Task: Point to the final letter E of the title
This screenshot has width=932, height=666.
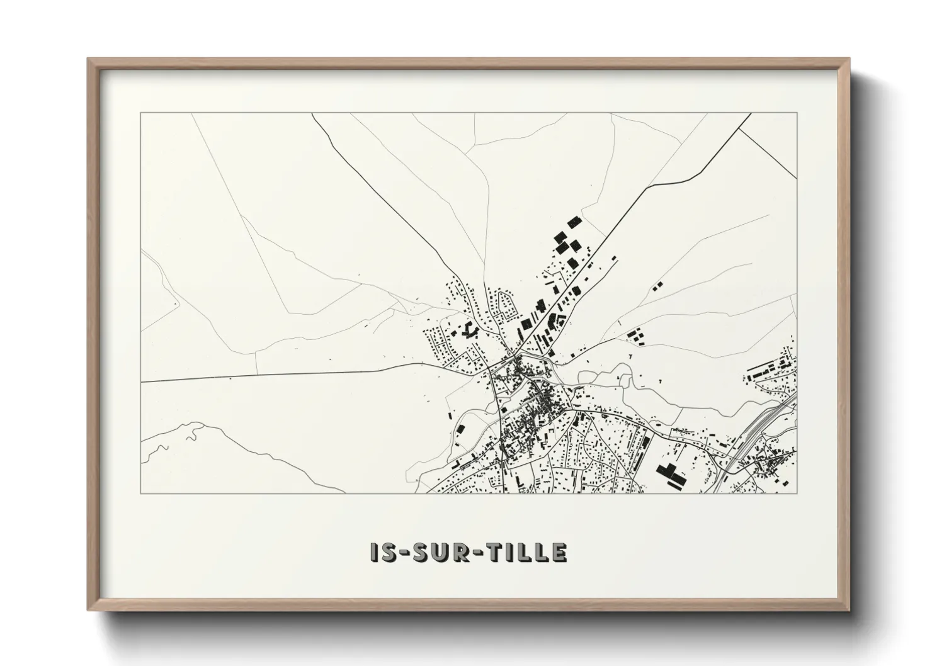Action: point(559,553)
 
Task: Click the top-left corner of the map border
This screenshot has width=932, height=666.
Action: point(141,113)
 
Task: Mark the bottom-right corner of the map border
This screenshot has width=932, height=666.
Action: point(797,493)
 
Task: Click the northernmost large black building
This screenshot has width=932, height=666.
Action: point(573,222)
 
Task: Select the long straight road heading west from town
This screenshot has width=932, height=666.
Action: point(283,375)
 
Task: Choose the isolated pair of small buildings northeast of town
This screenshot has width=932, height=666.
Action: point(658,285)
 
